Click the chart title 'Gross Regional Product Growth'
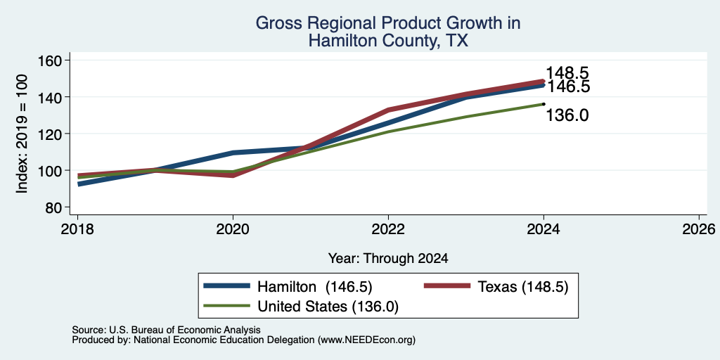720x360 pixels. (388, 23)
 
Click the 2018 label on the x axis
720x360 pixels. (77, 229)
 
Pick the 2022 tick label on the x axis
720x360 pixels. (388, 229)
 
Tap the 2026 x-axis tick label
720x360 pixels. (700, 229)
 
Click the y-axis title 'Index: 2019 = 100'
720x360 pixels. (22, 134)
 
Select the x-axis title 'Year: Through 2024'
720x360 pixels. (388, 259)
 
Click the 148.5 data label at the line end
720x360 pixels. (567, 73)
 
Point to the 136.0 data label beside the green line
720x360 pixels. (567, 115)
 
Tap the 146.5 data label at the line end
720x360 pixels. (567, 86)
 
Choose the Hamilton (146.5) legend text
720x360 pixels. (314, 287)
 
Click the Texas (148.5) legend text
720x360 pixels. (523, 287)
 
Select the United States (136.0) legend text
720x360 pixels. (328, 307)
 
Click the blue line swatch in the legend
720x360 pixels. (227, 286)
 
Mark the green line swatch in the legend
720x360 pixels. (227, 305)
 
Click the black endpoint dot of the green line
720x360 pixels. (544, 104)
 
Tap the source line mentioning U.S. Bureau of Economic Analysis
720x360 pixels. (166, 330)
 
